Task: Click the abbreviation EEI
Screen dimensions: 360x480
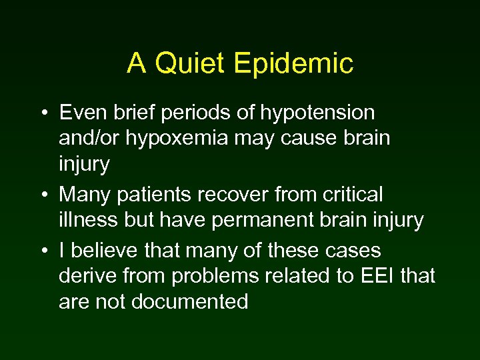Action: click(381, 276)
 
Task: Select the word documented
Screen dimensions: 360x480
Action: click(190, 301)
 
